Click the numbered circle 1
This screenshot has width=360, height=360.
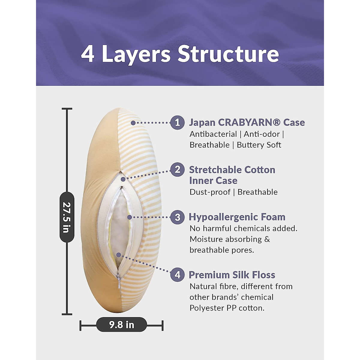click(177, 123)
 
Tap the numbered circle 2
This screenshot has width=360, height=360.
click(177, 169)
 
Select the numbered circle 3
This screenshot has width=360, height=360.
click(177, 217)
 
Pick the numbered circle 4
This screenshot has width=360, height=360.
click(177, 274)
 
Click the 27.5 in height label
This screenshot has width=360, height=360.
click(67, 217)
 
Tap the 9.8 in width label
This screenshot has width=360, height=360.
click(121, 325)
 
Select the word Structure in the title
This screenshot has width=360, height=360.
click(228, 54)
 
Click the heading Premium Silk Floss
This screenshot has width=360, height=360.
click(232, 275)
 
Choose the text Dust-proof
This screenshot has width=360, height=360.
click(210, 192)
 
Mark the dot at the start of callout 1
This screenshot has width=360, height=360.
click(133, 123)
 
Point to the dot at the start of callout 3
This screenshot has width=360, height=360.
click(130, 217)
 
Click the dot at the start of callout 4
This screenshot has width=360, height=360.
click(118, 255)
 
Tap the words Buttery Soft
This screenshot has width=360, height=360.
click(259, 145)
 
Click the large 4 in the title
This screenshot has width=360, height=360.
click(88, 54)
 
